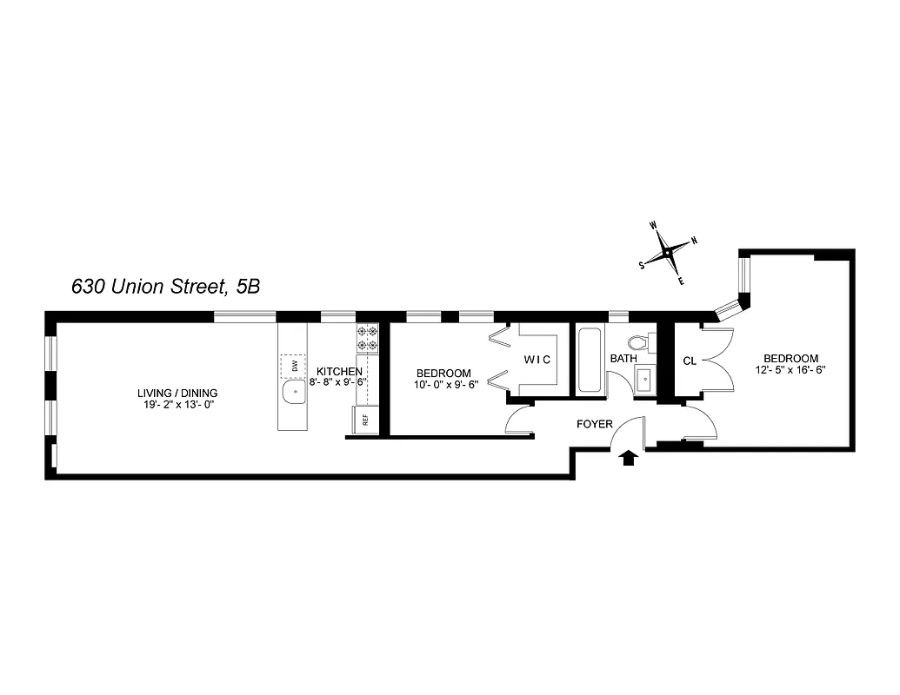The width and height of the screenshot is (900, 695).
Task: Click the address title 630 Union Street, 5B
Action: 165,286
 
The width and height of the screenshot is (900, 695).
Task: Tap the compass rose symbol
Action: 667,252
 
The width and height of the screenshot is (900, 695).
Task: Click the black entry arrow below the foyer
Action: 629,458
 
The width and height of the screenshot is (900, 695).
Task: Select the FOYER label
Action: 595,425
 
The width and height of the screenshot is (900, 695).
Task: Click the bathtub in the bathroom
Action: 590,359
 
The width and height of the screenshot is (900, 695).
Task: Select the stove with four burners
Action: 367,338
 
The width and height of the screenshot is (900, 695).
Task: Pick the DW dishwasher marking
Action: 294,366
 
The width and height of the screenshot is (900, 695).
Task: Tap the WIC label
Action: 537,359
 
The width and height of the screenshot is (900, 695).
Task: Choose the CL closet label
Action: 690,360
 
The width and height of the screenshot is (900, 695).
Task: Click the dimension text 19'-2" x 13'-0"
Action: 181,405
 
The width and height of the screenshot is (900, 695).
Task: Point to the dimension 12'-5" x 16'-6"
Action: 790,369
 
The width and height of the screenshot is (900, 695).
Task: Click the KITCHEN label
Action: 339,371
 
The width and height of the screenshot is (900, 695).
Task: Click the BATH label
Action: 623,358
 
